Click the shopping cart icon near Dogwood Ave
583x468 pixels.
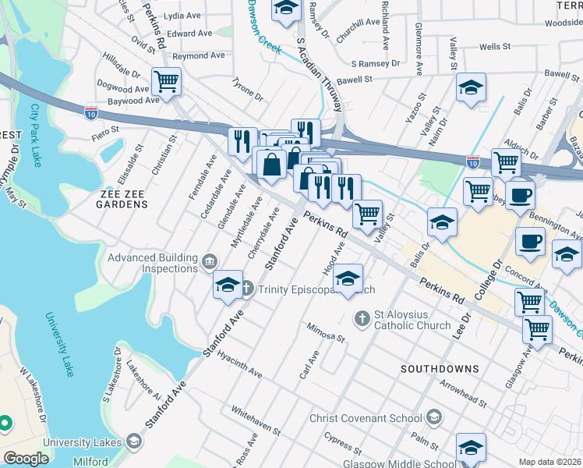[x=166, y=80]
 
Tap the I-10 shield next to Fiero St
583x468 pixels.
[x=91, y=112]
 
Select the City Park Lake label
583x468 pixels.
[x=36, y=136]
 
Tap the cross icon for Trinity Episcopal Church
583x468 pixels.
[x=246, y=289]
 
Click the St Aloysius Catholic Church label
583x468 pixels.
[x=412, y=320]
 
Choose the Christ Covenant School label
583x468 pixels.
[x=365, y=418]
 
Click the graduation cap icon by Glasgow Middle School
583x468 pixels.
[x=471, y=448]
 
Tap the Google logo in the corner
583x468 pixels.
[x=26, y=459]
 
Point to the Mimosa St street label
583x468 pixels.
[x=325, y=333]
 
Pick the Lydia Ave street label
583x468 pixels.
[x=183, y=15]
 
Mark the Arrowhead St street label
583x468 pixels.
[x=462, y=394]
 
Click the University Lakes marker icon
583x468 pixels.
[x=133, y=442]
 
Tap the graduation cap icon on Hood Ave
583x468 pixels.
[x=348, y=277]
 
